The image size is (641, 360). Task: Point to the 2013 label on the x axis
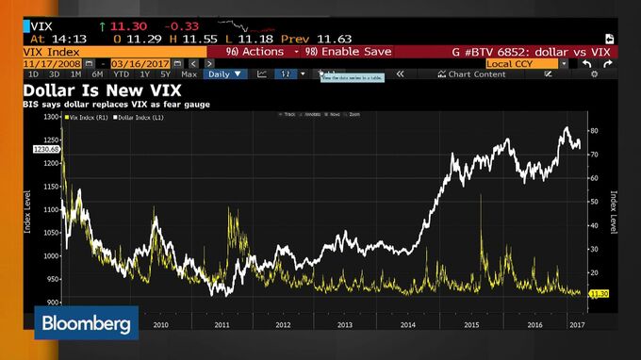[344, 323]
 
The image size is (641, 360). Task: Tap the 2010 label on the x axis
[160, 323]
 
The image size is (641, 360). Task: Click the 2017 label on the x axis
[575, 323]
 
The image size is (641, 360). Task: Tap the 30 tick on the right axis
[594, 249]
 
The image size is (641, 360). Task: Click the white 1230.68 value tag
[46, 148]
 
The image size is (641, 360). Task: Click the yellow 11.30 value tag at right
[598, 294]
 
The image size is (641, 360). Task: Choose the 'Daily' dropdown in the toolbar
[224, 74]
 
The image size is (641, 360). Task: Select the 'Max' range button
[189, 74]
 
